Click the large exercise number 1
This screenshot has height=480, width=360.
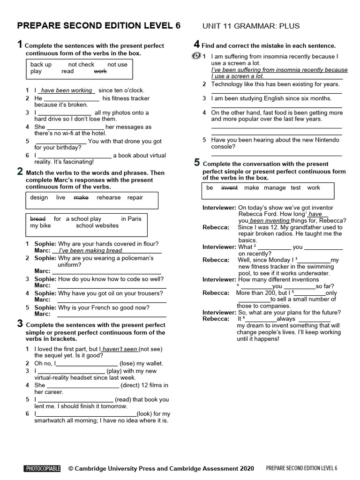pos(20,45)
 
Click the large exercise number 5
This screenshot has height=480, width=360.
pos(197,163)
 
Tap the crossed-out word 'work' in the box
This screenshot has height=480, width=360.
pos(100,72)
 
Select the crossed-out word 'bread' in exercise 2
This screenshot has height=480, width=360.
pos(37,219)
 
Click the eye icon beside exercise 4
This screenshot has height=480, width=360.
pos(196,57)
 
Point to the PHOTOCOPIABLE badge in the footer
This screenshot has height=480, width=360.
pos(43,468)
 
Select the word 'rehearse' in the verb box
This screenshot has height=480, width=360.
pos(108,198)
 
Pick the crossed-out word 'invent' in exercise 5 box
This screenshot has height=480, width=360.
pos(229,187)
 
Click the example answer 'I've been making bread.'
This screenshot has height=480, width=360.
pos(90,251)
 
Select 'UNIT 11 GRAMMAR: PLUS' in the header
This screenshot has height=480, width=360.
pos(251,26)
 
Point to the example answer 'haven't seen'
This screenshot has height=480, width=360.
pos(120,349)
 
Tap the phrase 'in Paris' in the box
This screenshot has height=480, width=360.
pos(131,219)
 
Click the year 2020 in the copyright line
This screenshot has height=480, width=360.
pos(247,468)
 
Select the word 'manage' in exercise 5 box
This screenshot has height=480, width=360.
pos(275,187)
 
